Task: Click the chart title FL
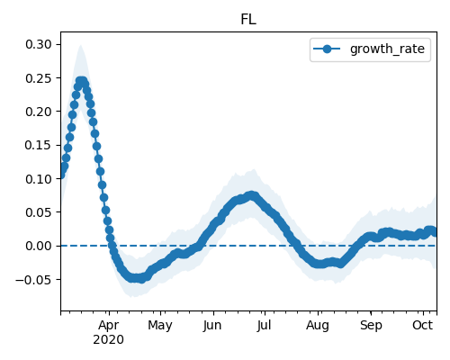click(248, 20)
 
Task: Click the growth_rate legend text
click(387, 49)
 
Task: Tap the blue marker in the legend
click(327, 49)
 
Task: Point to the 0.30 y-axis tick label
click(39, 44)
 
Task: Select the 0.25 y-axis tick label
click(39, 78)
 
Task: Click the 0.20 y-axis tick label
click(39, 112)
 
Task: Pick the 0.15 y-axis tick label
click(39, 145)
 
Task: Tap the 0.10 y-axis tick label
click(39, 179)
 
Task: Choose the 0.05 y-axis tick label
click(39, 212)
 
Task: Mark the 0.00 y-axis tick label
click(39, 246)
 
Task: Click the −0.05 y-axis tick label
click(33, 280)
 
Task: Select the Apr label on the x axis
click(109, 326)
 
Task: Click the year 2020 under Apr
click(108, 340)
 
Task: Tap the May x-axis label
click(160, 326)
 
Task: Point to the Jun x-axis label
click(212, 326)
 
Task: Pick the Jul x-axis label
click(264, 326)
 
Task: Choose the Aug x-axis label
click(318, 326)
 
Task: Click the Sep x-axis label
click(371, 326)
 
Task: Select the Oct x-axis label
click(423, 326)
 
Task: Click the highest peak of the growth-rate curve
click(81, 81)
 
